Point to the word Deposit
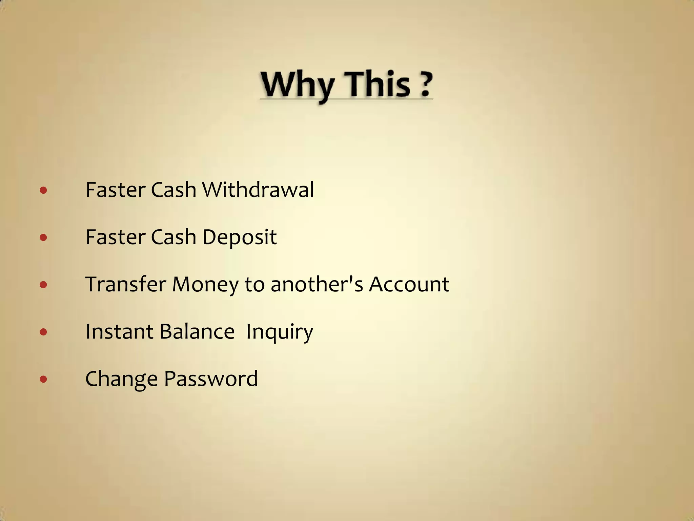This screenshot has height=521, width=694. [239, 237]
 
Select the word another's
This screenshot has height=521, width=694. [317, 284]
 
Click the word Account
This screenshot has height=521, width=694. [409, 284]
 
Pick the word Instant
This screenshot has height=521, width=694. [119, 331]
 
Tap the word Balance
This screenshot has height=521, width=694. [197, 331]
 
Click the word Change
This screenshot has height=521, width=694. [121, 379]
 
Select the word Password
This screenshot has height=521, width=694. [211, 379]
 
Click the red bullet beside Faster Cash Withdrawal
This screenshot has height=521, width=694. [43, 190]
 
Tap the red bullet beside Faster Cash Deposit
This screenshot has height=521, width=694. [43, 237]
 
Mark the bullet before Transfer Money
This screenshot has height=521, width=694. [43, 285]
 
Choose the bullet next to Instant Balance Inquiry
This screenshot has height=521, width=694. [43, 332]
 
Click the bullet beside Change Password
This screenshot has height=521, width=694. [43, 379]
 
